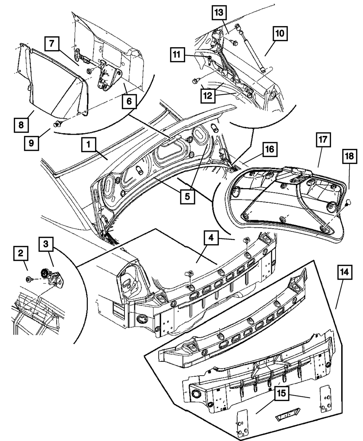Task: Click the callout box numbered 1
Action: click(89, 146)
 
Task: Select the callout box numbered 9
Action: click(32, 143)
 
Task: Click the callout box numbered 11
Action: click(176, 55)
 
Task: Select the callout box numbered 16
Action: click(270, 149)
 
